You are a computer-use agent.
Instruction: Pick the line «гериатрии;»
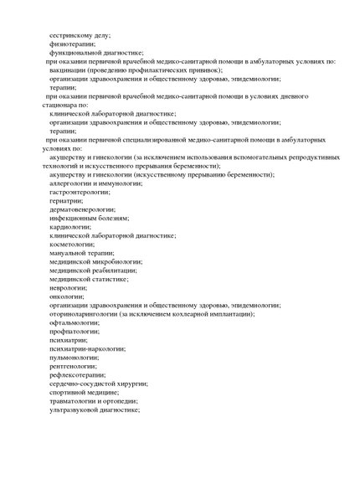[66, 201]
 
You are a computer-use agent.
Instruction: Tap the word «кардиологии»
[72, 227]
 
